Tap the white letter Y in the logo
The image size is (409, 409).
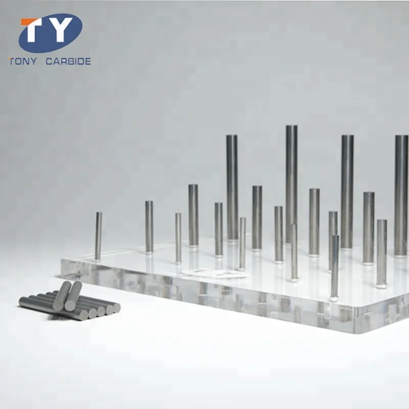pyautogui.click(x=60, y=32)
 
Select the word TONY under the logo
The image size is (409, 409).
pyautogui.click(x=23, y=61)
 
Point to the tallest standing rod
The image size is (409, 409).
pyautogui.click(x=291, y=184)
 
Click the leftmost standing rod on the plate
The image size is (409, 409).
pyautogui.click(x=98, y=236)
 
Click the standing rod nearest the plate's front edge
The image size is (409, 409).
pyautogui.click(x=334, y=266)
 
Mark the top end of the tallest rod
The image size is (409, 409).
pyautogui.click(x=291, y=127)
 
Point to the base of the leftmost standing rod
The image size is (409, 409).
pyautogui.click(x=98, y=258)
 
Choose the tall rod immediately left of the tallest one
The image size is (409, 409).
pyautogui.click(x=232, y=187)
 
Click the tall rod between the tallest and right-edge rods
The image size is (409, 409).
pyautogui.click(x=347, y=192)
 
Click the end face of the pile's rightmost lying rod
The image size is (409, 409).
pyautogui.click(x=116, y=307)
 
